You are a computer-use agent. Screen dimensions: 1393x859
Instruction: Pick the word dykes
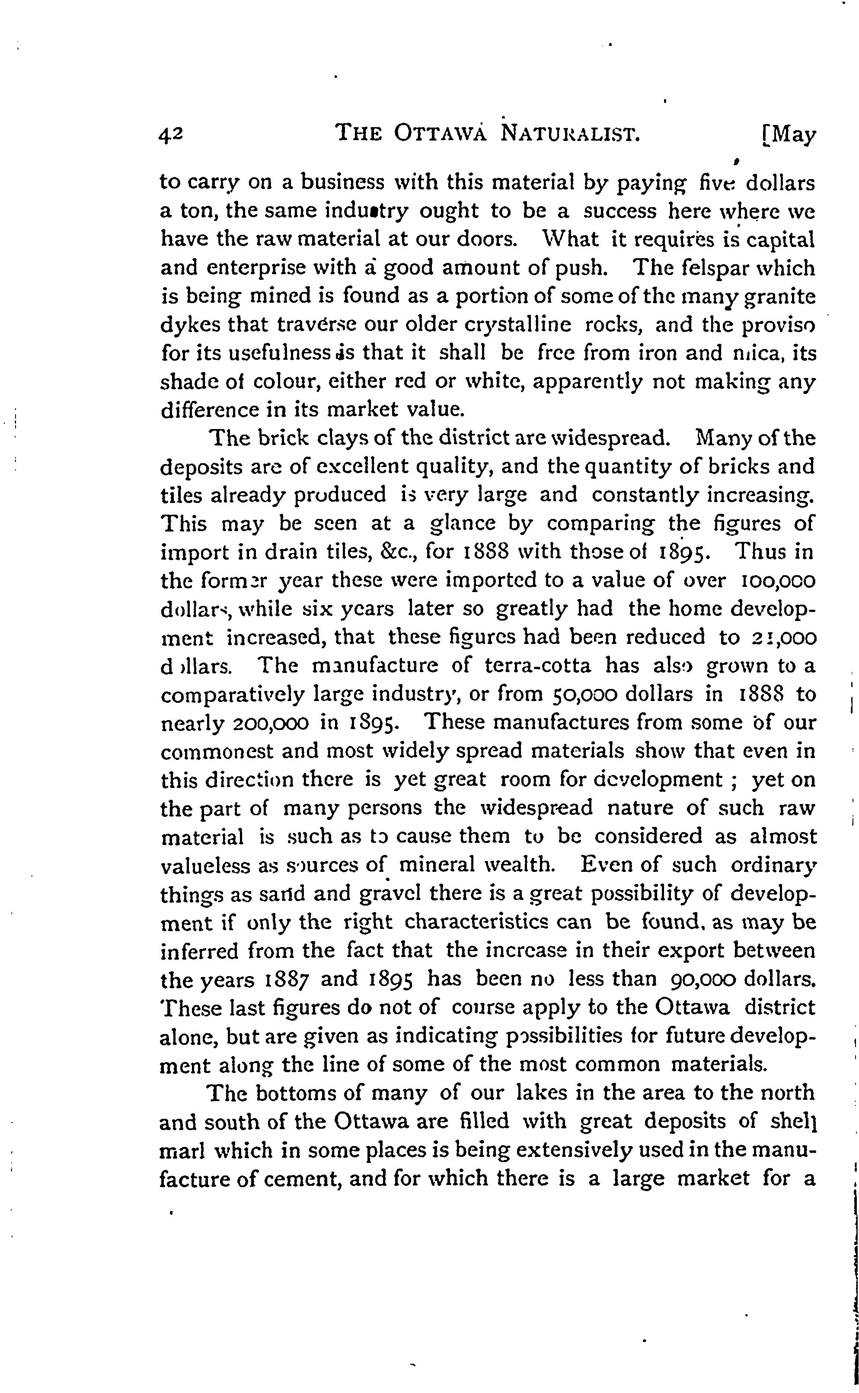point(188,326)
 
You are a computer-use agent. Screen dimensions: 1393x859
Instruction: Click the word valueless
point(203,865)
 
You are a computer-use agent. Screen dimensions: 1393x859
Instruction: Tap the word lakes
point(548,1092)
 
